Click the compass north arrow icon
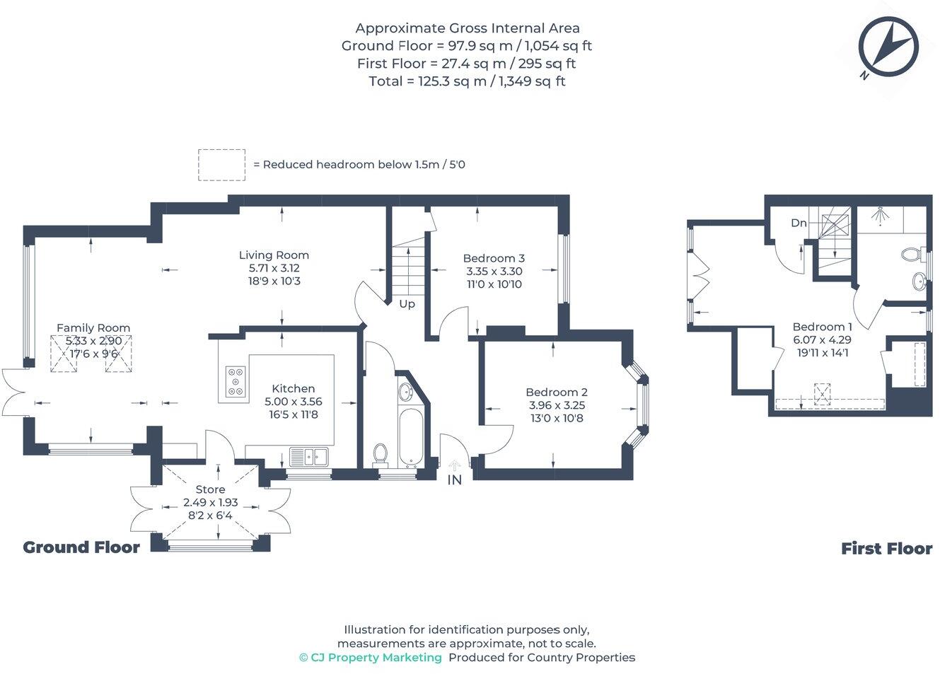[x=888, y=47]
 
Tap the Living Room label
[x=274, y=255]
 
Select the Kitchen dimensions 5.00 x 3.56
[x=294, y=402]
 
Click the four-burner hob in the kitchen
[x=236, y=381]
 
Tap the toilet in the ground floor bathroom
[x=381, y=453]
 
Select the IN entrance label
[x=454, y=480]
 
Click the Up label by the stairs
[x=407, y=304]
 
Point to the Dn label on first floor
[x=799, y=223]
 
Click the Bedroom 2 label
[x=557, y=393]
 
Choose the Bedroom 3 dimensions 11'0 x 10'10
[x=494, y=284]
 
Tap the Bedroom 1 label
[x=822, y=327]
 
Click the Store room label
[x=210, y=489]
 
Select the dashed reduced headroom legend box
[x=221, y=165]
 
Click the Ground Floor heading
[x=81, y=547]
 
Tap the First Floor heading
[x=886, y=549]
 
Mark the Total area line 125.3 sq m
[x=467, y=81]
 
